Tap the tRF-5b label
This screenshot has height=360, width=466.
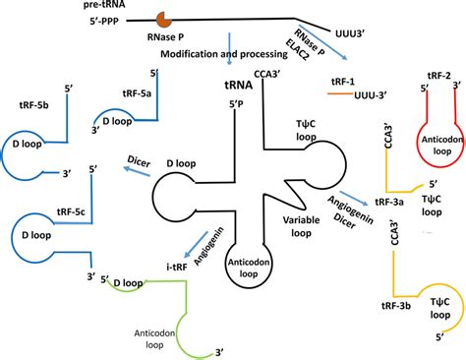click(x=35, y=101)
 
